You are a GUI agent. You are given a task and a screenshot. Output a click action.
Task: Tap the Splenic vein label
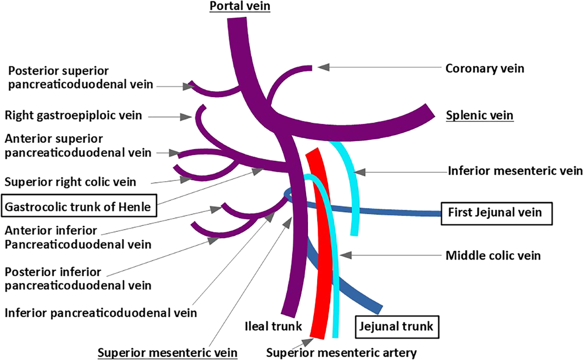[x=480, y=116]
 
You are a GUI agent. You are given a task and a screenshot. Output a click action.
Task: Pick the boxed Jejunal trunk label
[x=397, y=325]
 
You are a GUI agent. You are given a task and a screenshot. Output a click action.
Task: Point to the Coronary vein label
[x=485, y=68]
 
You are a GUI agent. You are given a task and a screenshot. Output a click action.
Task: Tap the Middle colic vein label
[x=493, y=255]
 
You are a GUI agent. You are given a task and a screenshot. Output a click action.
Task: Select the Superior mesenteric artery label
[x=342, y=351]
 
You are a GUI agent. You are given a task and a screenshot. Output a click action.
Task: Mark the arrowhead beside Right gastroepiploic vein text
[x=187, y=117]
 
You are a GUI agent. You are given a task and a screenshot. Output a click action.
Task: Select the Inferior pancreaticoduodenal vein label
[x=101, y=312]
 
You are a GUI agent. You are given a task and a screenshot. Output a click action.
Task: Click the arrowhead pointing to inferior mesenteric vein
[x=360, y=171]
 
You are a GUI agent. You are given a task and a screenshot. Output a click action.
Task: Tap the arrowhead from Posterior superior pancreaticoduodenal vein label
[x=189, y=86]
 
